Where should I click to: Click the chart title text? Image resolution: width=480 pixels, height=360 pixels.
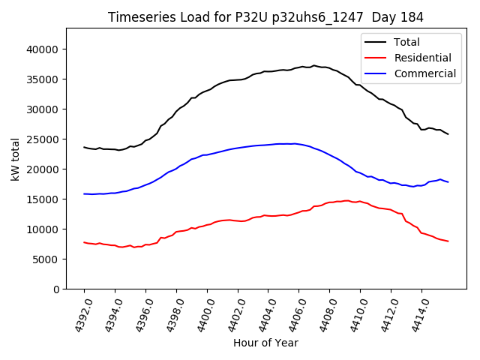point(265,17)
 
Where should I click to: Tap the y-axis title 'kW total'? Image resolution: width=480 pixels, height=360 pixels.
point(15,158)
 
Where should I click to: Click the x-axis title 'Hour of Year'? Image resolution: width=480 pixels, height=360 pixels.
point(265,343)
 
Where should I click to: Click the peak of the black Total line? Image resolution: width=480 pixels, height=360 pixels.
point(314,65)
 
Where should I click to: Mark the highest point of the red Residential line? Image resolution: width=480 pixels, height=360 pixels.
point(346,200)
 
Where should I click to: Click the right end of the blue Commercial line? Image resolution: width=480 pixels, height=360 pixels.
point(448,182)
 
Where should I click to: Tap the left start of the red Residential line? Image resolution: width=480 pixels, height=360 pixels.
point(84,242)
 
